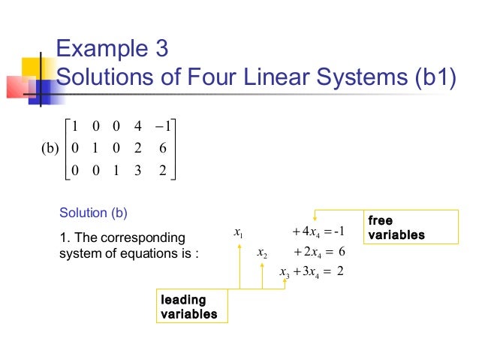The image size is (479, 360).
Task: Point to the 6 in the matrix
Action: click(162, 148)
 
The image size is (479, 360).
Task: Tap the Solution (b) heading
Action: click(93, 213)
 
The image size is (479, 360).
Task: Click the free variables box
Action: click(410, 228)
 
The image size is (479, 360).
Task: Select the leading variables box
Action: click(193, 307)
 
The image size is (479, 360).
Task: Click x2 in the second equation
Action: click(261, 252)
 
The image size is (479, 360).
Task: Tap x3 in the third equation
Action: click(284, 271)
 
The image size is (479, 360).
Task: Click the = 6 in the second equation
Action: click(335, 252)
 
